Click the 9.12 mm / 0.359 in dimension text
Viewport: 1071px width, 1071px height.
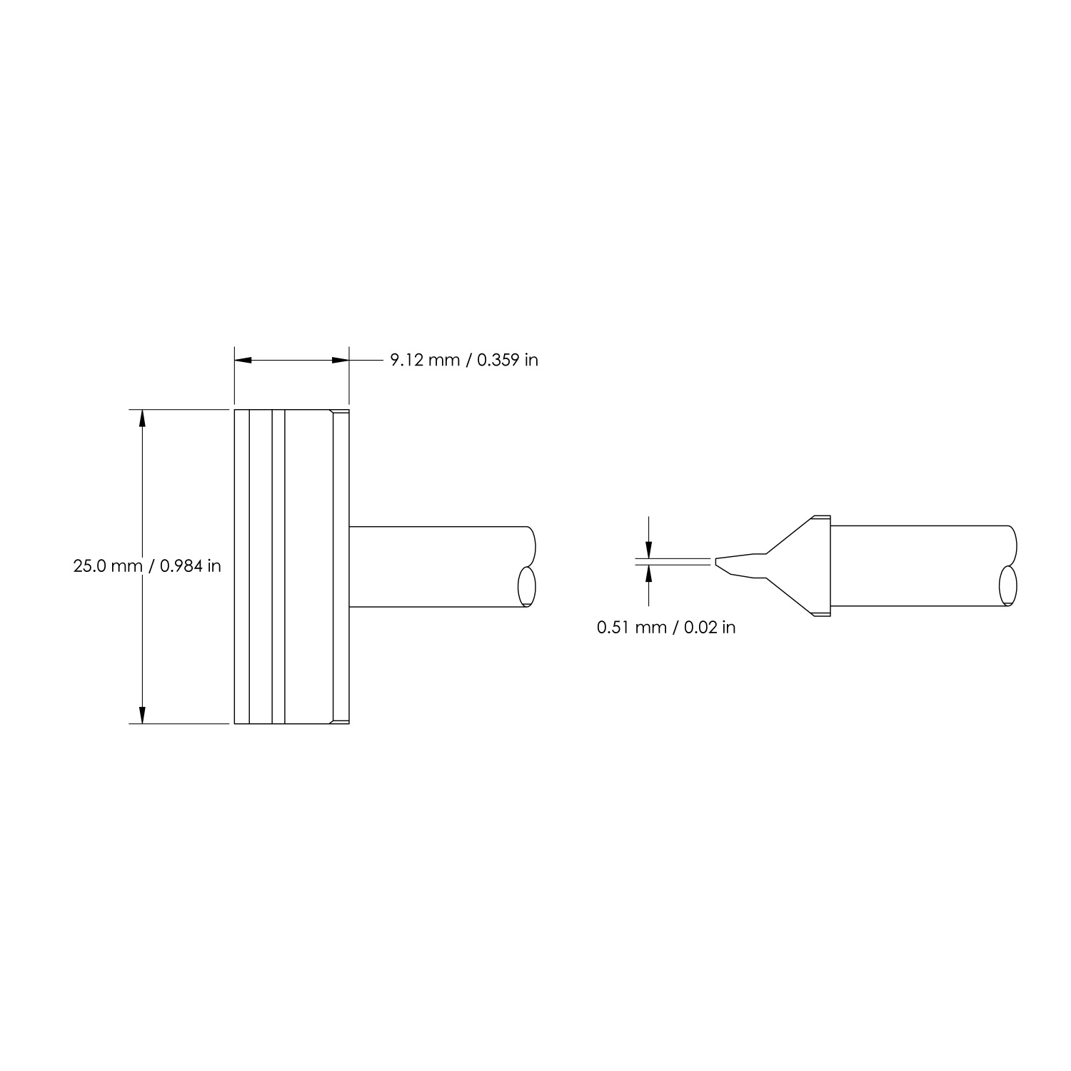(463, 360)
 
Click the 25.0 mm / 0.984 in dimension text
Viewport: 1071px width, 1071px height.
(147, 566)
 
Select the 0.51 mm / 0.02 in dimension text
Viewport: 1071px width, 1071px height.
(666, 628)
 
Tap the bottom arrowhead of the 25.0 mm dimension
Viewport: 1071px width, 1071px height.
(142, 715)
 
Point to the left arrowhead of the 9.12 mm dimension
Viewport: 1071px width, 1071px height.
(243, 361)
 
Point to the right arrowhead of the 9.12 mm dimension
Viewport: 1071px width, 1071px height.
(340, 361)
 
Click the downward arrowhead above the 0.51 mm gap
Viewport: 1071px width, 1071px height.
(648, 550)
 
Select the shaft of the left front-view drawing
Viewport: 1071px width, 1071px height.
(436, 567)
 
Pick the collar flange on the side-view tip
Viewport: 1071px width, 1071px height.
(822, 566)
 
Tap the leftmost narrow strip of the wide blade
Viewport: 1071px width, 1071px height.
(242, 566)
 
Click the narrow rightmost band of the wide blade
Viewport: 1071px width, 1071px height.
(341, 566)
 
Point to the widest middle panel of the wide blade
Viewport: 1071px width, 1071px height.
(308, 566)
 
